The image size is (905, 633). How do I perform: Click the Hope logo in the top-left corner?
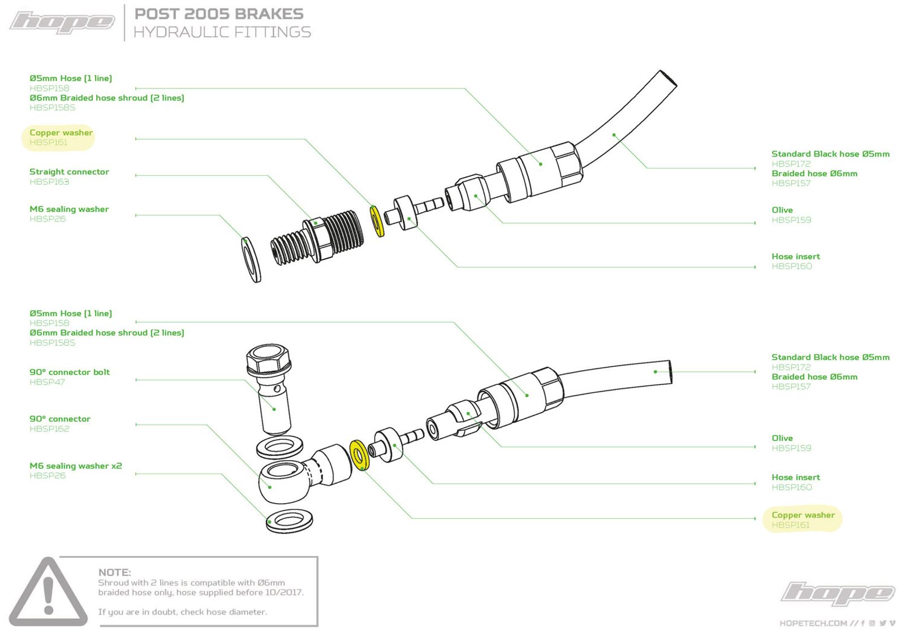pos(62,22)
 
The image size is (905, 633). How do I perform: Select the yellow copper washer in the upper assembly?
pos(377,221)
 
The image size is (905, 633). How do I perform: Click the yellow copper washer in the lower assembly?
pos(359,454)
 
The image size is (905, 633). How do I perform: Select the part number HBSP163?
pos(49,182)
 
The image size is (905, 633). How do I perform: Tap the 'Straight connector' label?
pos(69,172)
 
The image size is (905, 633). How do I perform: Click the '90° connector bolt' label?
pos(70,372)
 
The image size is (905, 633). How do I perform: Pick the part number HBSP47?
pos(47,382)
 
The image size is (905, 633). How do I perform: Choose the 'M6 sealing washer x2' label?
pos(75,466)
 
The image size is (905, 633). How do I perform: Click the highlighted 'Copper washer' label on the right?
pos(803,515)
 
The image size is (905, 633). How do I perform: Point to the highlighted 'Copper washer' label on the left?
pos(61,133)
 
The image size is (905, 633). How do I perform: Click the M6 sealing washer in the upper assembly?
pos(251,259)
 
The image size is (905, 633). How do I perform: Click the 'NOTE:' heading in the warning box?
pos(114,573)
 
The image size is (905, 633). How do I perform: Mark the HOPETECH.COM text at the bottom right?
pos(813,623)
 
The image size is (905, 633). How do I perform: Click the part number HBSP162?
pos(49,429)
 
